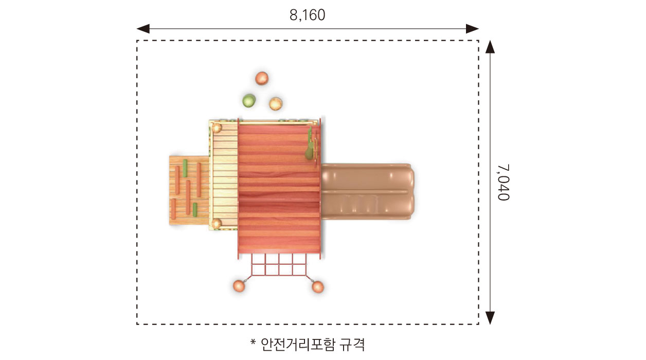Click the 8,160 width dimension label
(x=308, y=15)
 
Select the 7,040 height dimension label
(x=503, y=183)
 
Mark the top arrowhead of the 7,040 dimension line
(x=490, y=47)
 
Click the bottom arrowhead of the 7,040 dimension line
(x=490, y=318)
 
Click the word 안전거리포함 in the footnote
(x=298, y=344)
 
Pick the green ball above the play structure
(x=249, y=100)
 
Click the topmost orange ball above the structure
(x=262, y=78)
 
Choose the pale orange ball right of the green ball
(x=276, y=103)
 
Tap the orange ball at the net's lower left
(x=239, y=286)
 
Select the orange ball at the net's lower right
(x=318, y=286)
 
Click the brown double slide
(x=366, y=192)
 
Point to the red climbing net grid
(x=278, y=265)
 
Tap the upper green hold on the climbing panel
(x=185, y=168)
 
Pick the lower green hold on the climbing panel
(x=195, y=209)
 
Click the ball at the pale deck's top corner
(x=217, y=128)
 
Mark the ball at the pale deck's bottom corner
(x=217, y=223)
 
